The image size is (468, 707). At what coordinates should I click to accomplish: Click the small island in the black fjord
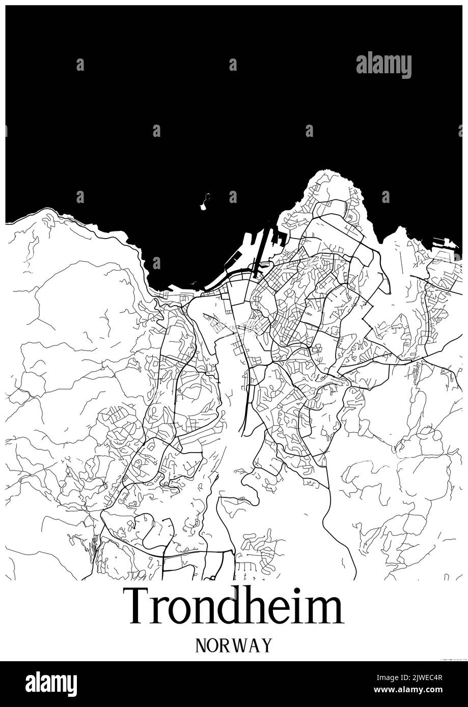[204, 202]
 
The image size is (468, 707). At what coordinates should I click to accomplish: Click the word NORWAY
[234, 645]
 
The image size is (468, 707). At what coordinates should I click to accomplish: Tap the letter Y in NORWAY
[266, 645]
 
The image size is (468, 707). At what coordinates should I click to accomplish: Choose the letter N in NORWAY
[201, 645]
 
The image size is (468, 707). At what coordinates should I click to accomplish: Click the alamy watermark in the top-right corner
[383, 65]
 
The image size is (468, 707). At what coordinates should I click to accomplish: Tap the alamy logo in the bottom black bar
[51, 684]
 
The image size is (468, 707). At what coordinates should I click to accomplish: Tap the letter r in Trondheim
[162, 610]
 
